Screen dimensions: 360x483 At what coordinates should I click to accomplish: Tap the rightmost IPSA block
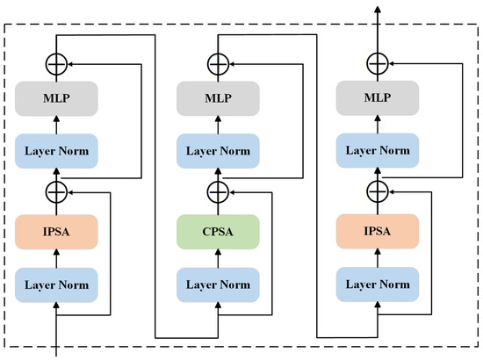(376, 233)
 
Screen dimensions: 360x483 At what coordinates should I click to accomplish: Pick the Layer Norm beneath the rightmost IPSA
(376, 285)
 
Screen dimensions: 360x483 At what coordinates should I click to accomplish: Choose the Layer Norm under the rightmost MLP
(376, 151)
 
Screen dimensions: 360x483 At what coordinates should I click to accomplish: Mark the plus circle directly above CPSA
(216, 191)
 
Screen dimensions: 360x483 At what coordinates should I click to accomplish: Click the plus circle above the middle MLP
(216, 63)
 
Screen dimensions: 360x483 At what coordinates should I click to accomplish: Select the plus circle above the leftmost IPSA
(57, 191)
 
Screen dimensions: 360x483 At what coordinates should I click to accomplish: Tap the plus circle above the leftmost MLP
(57, 63)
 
